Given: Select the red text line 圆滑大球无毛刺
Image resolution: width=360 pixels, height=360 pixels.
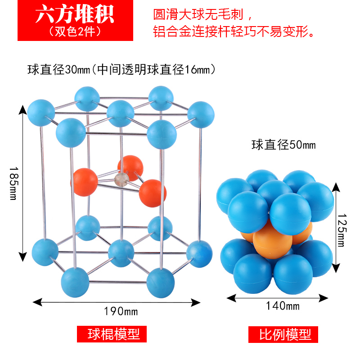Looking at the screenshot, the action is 205,14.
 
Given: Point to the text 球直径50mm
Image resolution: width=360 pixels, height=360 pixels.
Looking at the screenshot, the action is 283,145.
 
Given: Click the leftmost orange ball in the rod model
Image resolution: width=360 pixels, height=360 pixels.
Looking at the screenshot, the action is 85,181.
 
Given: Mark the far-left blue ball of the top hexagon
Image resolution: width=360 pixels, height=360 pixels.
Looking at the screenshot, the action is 41,113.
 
